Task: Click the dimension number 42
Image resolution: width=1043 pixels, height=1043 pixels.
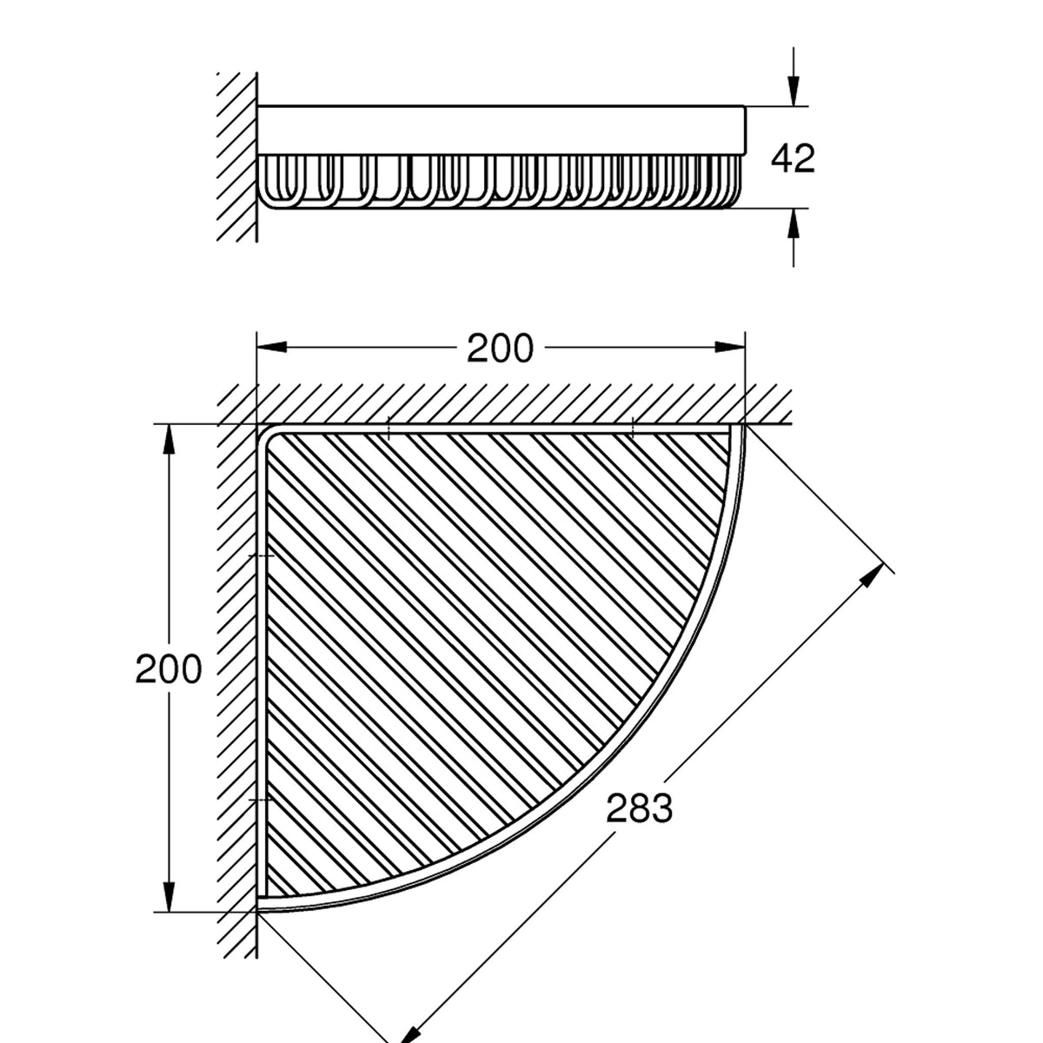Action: tap(793, 158)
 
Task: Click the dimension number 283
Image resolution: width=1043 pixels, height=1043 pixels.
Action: tap(639, 824)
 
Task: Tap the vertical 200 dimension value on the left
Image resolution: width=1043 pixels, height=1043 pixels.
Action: tap(169, 669)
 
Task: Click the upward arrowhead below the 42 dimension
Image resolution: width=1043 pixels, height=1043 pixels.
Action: tap(794, 223)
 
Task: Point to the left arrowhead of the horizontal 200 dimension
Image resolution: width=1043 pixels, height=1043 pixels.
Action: tap(272, 347)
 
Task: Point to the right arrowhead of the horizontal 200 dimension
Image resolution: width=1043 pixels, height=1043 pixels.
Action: tap(730, 347)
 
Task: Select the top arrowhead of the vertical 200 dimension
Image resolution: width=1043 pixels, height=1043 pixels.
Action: tap(169, 440)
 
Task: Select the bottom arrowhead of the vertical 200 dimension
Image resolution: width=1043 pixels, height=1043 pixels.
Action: tap(169, 896)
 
